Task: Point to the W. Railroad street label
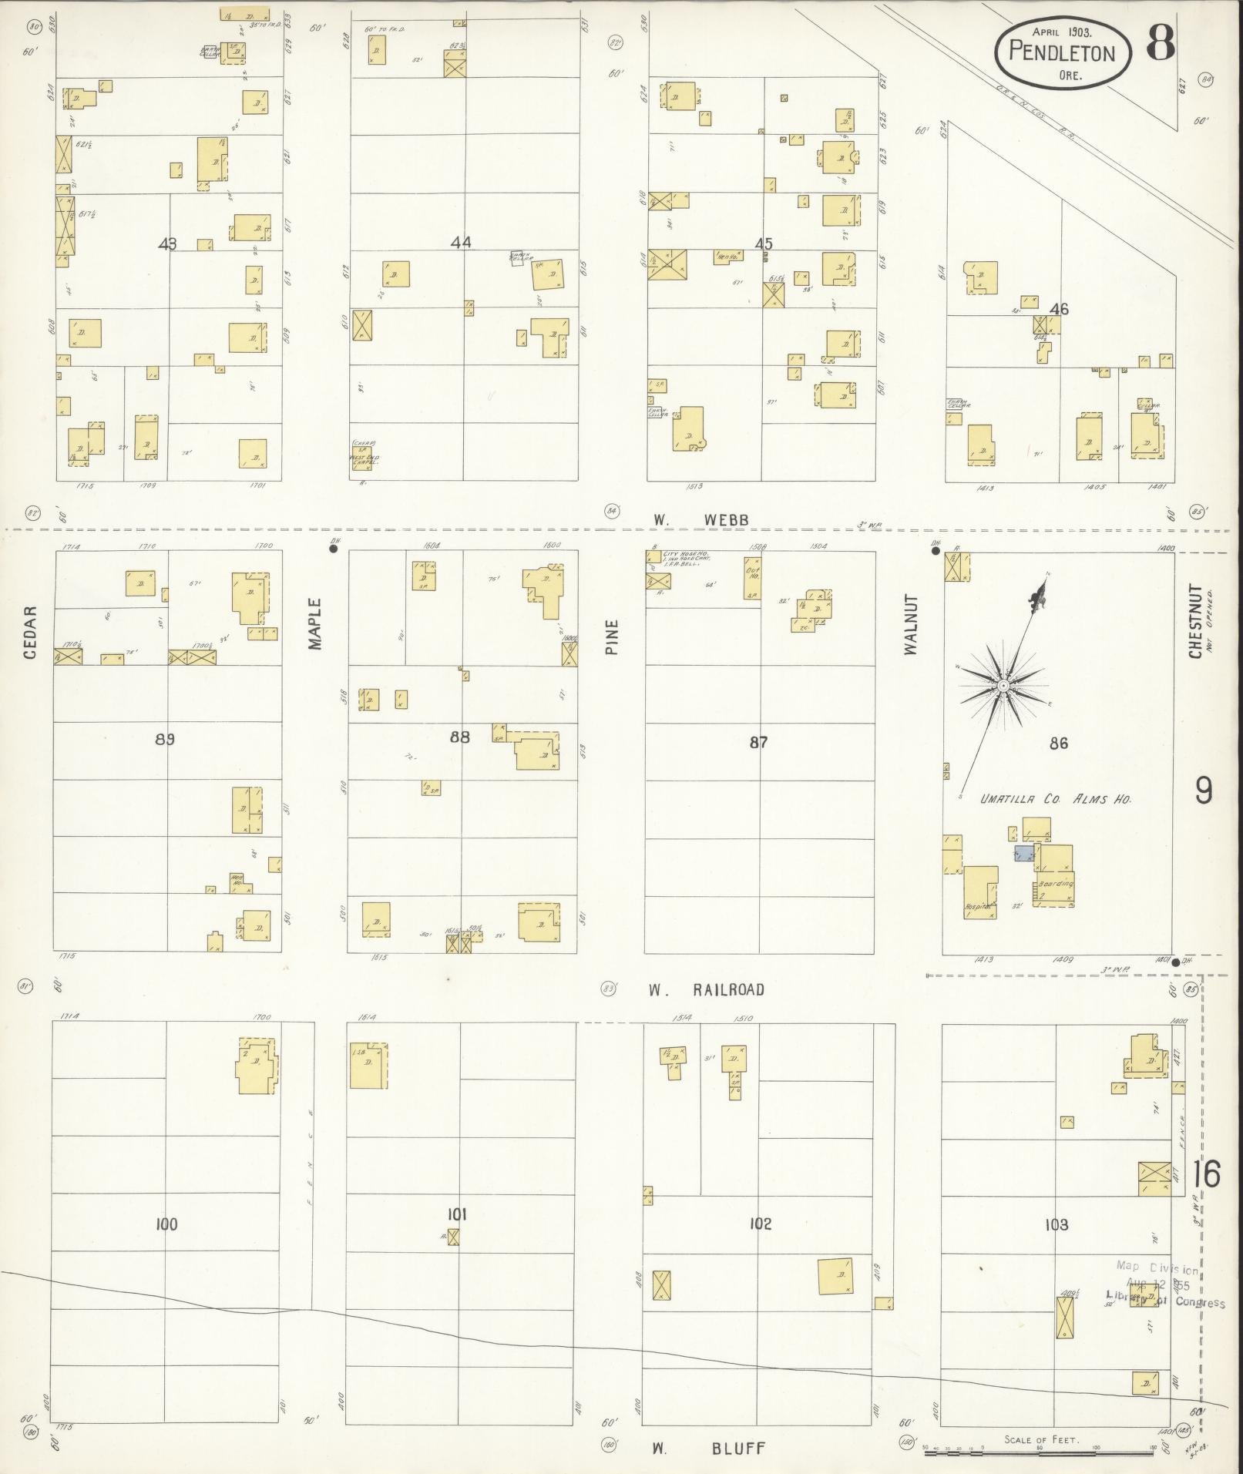(x=705, y=990)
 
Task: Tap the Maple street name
(x=314, y=624)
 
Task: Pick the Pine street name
(x=611, y=637)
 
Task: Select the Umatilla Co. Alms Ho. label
(x=1054, y=799)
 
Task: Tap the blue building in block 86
(x=1023, y=853)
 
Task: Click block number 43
(x=167, y=243)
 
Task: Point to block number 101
(x=458, y=1214)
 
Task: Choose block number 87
(x=759, y=742)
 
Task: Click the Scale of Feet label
(x=1041, y=1439)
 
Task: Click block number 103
(x=1057, y=1224)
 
